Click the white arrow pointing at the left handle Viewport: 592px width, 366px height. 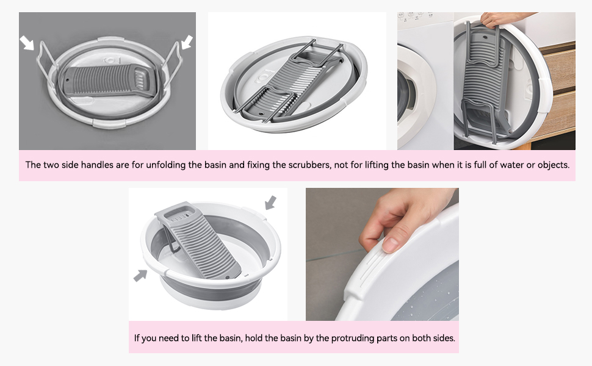point(27,42)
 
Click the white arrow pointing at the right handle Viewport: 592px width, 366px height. point(186,42)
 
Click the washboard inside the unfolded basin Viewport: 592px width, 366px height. point(201,244)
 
